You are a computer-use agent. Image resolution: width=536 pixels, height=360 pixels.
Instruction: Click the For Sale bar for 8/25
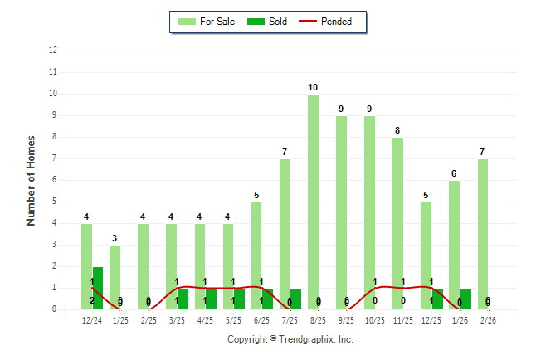tap(313, 202)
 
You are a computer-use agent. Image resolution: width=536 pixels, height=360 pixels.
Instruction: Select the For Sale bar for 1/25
tap(115, 277)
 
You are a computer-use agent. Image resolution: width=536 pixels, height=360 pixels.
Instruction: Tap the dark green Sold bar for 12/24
tap(98, 288)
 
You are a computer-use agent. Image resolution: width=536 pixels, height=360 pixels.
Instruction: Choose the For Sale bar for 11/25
tap(398, 223)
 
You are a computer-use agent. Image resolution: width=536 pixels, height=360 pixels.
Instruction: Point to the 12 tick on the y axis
tap(53, 51)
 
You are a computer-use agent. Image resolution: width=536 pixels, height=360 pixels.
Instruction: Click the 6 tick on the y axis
tap(55, 180)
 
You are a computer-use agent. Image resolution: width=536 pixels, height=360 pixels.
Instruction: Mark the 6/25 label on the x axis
tap(262, 319)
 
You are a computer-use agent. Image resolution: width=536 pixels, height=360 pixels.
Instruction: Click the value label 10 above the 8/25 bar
tap(313, 88)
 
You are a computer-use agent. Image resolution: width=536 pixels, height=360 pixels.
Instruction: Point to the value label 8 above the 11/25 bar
tap(398, 131)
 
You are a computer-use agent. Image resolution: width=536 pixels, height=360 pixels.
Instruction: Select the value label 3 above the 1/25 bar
tap(115, 239)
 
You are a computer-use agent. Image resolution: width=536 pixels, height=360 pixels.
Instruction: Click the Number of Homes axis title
tap(32, 180)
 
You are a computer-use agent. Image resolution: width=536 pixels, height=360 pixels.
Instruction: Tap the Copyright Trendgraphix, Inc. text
tap(290, 339)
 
